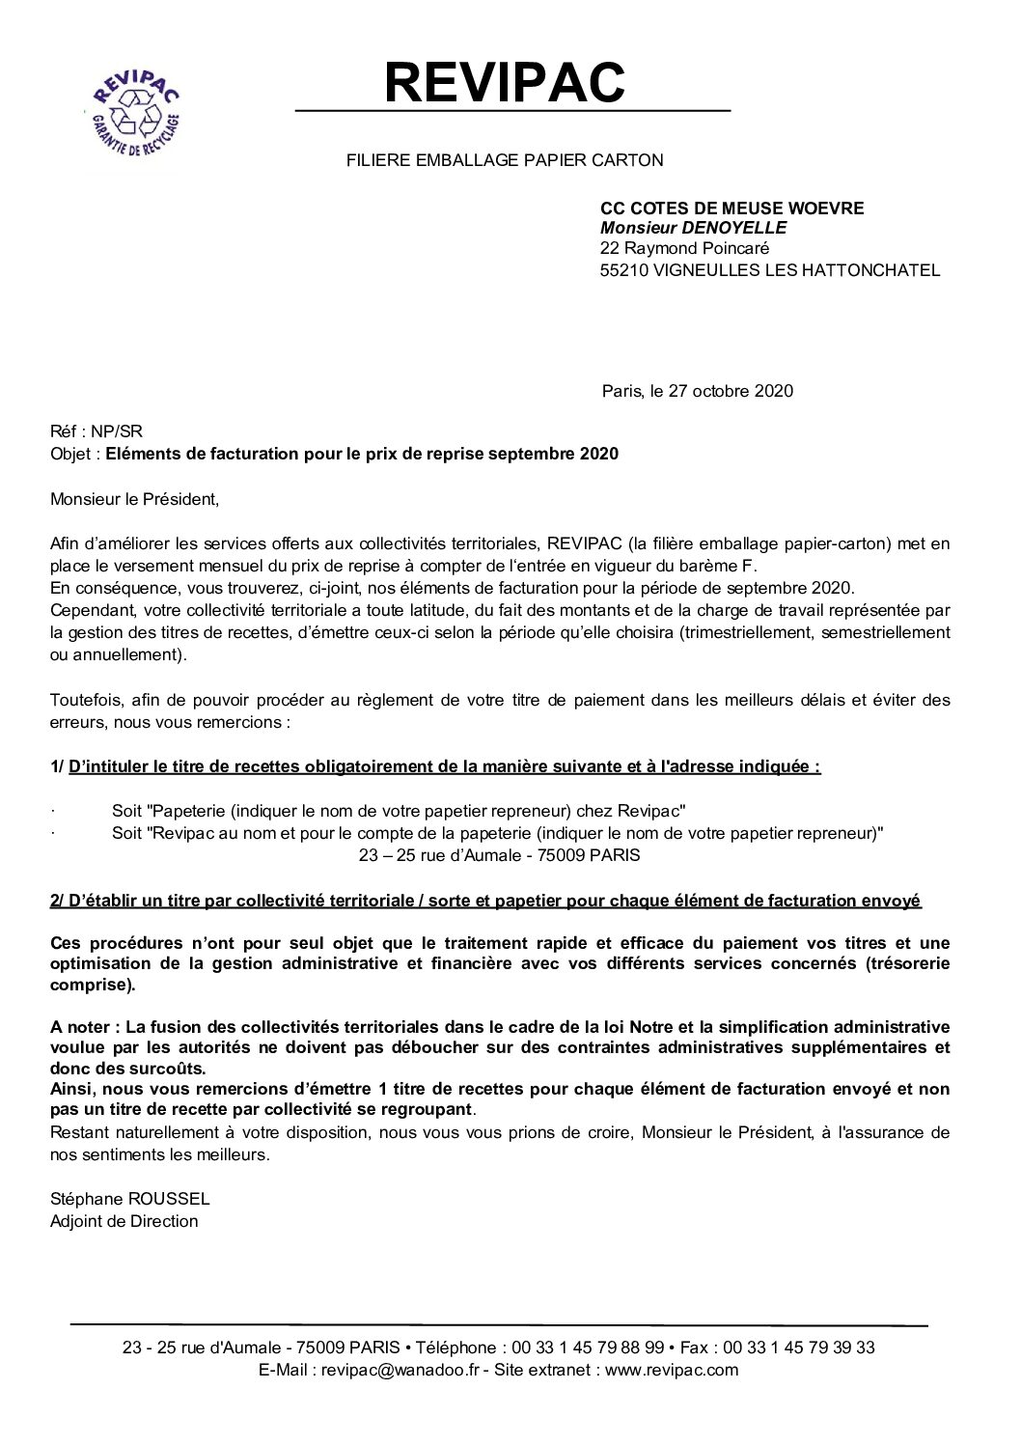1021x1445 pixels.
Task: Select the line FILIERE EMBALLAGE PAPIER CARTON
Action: click(x=505, y=161)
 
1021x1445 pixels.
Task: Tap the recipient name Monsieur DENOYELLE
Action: click(x=693, y=228)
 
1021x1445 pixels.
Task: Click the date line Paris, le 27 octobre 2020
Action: click(x=697, y=391)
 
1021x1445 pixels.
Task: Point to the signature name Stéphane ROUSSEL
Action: click(x=129, y=1199)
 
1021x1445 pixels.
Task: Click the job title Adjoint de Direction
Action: click(x=124, y=1221)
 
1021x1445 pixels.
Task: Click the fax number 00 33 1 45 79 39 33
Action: click(x=799, y=1348)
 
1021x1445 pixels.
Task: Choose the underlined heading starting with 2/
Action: click(x=485, y=901)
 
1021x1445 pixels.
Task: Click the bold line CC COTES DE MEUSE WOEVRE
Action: click(x=731, y=208)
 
